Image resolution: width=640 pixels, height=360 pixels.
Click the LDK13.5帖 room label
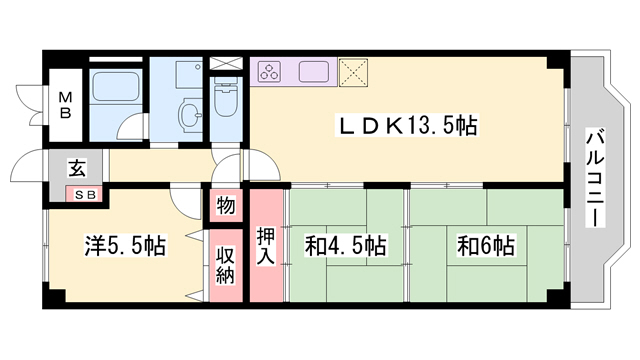coord(409,126)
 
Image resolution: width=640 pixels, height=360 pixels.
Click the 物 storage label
coord(225,207)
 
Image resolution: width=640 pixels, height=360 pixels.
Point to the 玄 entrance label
coord(76,168)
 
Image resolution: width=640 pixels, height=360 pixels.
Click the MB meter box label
coord(64,104)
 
